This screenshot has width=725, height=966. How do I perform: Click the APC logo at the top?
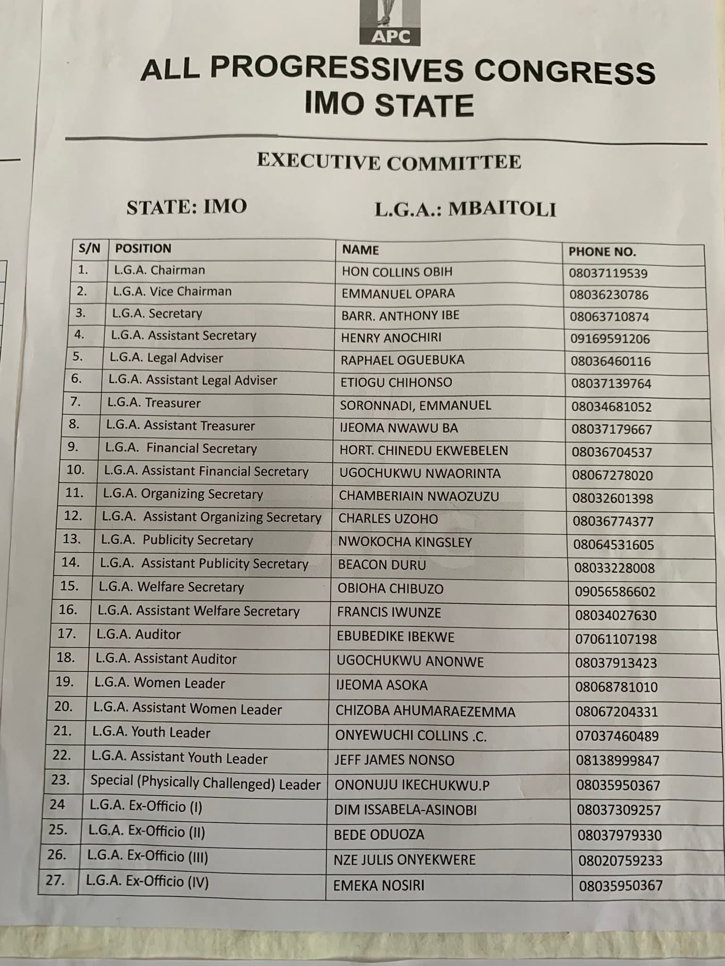tap(389, 24)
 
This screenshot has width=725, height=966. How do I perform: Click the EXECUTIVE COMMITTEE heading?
tap(389, 162)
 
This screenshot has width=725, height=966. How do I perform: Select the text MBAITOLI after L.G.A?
tap(502, 209)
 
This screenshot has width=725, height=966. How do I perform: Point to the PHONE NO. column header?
tap(602, 252)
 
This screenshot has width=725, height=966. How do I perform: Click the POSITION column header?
tap(143, 249)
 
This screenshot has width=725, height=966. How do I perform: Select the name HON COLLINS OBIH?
tap(397, 272)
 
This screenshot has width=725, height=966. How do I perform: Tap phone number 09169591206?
tap(610, 339)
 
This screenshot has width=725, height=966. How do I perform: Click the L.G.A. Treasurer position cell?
tap(154, 403)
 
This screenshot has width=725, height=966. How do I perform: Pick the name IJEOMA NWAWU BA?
tap(398, 428)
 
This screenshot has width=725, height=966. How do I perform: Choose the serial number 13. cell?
tap(72, 539)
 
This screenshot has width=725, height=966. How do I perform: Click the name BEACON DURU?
tap(382, 565)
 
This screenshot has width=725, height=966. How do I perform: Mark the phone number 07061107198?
tap(615, 639)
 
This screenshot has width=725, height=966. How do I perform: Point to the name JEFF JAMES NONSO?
tap(394, 760)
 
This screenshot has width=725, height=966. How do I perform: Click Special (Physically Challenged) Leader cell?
tap(205, 783)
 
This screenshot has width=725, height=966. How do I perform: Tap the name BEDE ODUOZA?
tap(379, 834)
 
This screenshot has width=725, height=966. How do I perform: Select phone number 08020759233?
tap(620, 860)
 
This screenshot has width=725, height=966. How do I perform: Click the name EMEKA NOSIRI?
tap(379, 885)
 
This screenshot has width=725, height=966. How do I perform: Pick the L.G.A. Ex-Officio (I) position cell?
tap(145, 807)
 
